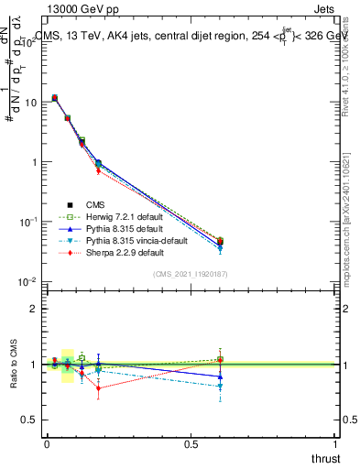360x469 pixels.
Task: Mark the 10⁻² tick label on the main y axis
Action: pos(27,281)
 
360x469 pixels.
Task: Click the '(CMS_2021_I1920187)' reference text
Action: pos(189,274)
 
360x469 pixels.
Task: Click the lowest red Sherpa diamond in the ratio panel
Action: pos(98,387)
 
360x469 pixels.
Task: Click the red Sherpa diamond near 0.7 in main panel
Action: pos(98,171)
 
